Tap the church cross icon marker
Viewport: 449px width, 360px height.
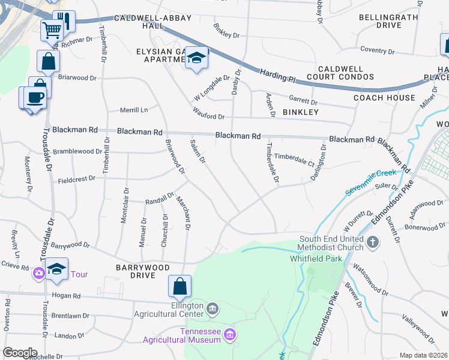pyautogui.click(x=373, y=243)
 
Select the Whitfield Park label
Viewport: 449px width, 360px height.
pyautogui.click(x=316, y=259)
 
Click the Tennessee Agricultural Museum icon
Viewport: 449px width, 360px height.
pyautogui.click(x=229, y=334)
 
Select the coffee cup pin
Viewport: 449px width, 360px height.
pyautogui.click(x=35, y=97)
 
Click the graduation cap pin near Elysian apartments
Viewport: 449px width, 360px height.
pyautogui.click(x=196, y=58)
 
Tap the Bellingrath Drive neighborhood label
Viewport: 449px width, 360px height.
pyautogui.click(x=388, y=21)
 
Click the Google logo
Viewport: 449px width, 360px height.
pyautogui.click(x=20, y=353)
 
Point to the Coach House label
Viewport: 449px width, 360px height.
pyautogui.click(x=384, y=98)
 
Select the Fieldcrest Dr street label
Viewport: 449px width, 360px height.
pyautogui.click(x=76, y=180)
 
